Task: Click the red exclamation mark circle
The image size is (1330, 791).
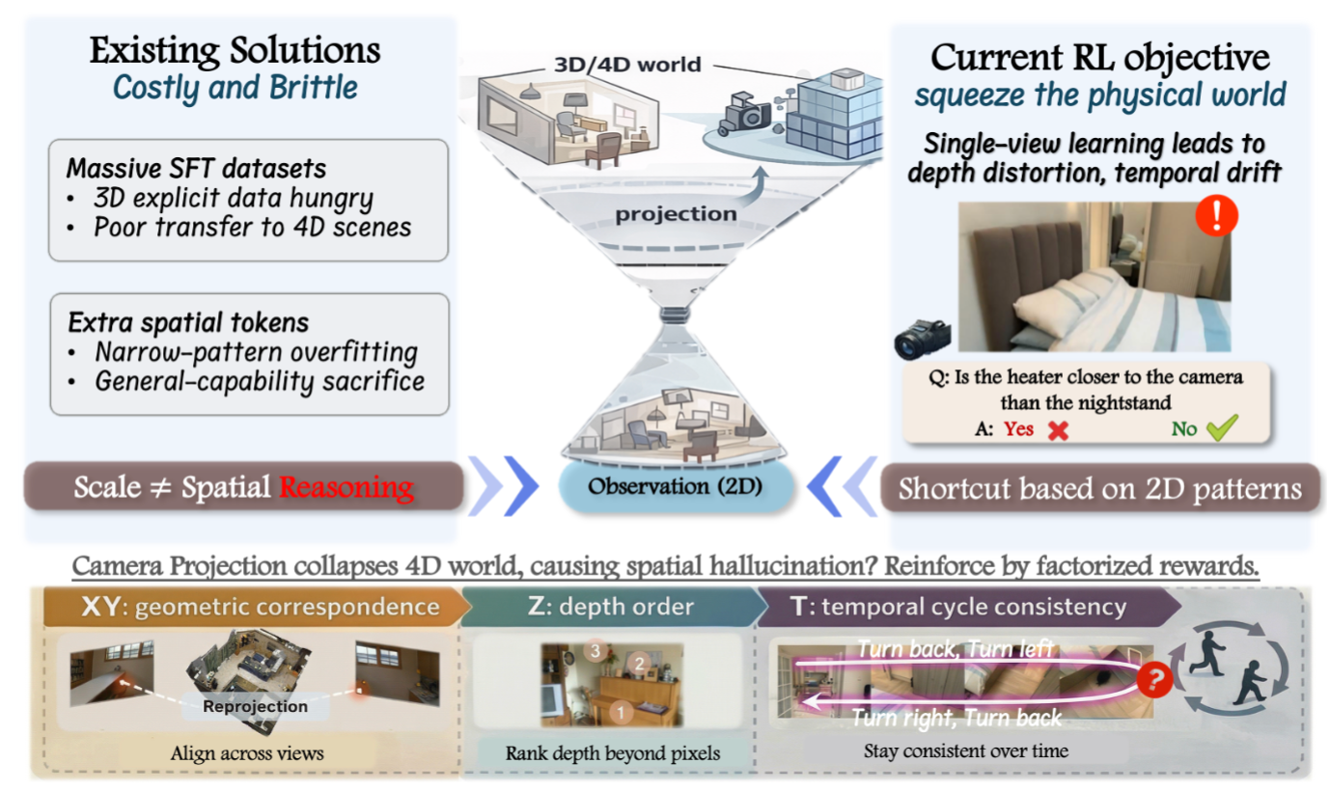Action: coord(1217,215)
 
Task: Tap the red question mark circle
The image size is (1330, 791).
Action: coord(1154,680)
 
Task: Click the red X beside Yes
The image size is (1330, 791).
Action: coord(1058,430)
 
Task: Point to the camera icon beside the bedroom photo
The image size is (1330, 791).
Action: coord(923,339)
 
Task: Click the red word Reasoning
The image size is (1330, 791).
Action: coord(346,488)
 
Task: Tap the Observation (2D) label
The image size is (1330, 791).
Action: coord(675,486)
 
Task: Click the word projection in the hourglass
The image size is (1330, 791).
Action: coord(676,213)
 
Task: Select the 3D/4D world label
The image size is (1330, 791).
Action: coord(627,64)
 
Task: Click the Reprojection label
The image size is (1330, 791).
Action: coord(256,706)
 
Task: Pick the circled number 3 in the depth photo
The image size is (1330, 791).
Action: coord(596,651)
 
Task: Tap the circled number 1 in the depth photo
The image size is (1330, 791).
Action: coord(621,712)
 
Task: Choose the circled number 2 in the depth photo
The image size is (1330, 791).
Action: coord(640,664)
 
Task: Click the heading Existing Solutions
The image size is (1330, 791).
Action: coord(236,50)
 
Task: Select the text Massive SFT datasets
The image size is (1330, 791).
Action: coord(196,169)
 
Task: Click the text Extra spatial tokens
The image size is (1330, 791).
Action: coord(188,323)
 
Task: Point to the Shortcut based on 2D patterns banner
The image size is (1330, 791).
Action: coord(1099,488)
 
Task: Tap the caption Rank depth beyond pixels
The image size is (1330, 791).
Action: coord(613,753)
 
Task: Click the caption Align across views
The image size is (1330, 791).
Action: coord(247,753)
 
